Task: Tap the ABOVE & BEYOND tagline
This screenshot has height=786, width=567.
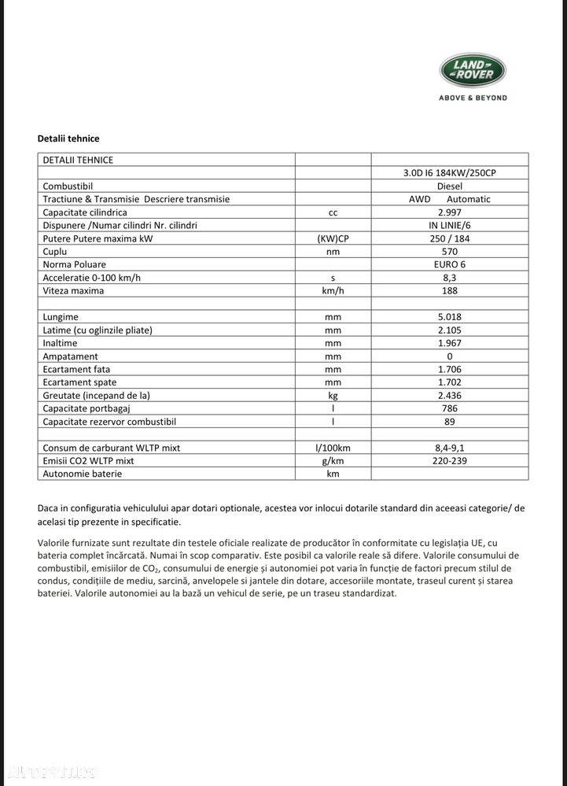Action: [473, 98]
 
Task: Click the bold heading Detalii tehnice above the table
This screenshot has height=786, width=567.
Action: [68, 138]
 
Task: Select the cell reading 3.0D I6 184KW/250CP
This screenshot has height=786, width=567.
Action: [450, 173]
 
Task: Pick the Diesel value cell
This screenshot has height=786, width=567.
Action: [450, 186]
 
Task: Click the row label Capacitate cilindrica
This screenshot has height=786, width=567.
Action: [85, 212]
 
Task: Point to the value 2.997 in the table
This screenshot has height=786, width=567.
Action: [450, 212]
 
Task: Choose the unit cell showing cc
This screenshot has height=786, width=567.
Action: [333, 212]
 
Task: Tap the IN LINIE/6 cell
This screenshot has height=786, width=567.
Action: [450, 225]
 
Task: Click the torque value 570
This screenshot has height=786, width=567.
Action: [450, 251]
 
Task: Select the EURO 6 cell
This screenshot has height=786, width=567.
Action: [450, 264]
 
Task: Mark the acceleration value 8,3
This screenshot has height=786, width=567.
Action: [450, 278]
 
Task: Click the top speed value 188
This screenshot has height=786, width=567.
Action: [450, 290]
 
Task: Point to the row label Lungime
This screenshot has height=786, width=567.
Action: [61, 317]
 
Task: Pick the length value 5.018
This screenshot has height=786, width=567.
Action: [450, 317]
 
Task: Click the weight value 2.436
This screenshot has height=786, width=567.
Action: [450, 395]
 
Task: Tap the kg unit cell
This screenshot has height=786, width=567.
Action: [333, 395]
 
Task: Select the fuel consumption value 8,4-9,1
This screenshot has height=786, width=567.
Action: [450, 448]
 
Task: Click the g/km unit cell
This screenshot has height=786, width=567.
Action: [333, 460]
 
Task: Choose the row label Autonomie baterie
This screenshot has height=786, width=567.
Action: [83, 474]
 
